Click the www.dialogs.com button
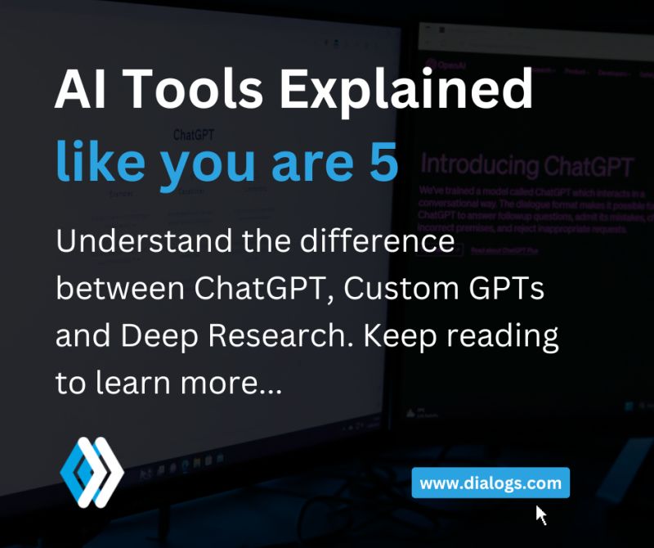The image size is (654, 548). [x=490, y=483]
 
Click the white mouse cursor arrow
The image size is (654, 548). [x=540, y=514]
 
